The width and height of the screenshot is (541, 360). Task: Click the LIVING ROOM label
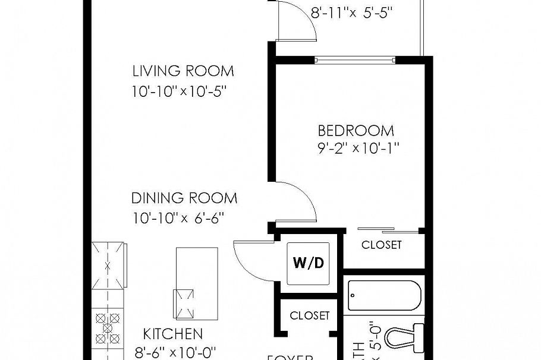click(183, 71)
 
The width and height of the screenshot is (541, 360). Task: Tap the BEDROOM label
click(356, 131)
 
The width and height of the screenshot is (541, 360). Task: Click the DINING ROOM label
click(184, 198)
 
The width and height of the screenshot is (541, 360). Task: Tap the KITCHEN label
click(173, 334)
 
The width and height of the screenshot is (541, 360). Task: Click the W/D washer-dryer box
click(309, 263)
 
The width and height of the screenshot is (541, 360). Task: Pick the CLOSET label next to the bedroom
click(381, 245)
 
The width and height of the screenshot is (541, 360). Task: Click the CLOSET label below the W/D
click(309, 315)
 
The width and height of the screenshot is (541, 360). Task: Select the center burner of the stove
click(108, 327)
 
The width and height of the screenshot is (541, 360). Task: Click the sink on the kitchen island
click(184, 303)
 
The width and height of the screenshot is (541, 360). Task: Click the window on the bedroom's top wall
click(354, 59)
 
